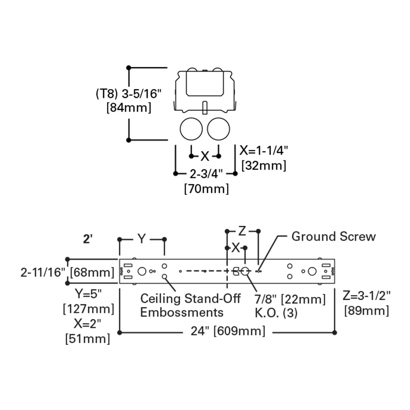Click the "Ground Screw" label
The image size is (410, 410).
[x=333, y=237]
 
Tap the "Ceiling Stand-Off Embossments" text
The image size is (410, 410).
[x=190, y=305]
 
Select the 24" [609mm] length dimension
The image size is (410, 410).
[x=228, y=331]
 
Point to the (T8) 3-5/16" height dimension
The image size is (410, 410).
[x=129, y=93]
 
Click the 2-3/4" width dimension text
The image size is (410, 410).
[x=206, y=173]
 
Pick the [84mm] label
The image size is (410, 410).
[x=129, y=107]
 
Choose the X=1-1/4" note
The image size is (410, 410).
[x=264, y=150]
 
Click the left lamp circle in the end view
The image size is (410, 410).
[x=191, y=129]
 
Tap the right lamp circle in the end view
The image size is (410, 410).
[x=219, y=129]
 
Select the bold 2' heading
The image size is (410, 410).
[x=88, y=239]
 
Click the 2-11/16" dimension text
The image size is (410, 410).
[x=43, y=273]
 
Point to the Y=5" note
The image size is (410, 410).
[x=88, y=294]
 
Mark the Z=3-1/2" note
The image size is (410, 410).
[x=367, y=296]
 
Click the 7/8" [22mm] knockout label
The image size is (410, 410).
[x=290, y=299]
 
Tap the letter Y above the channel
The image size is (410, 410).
[x=141, y=239]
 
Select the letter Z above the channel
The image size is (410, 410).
[x=242, y=231]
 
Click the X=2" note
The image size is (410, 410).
[x=87, y=324]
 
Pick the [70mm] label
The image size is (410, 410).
[x=206, y=189]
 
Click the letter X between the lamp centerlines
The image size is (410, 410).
[x=205, y=156]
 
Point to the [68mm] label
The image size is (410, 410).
[x=92, y=273]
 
